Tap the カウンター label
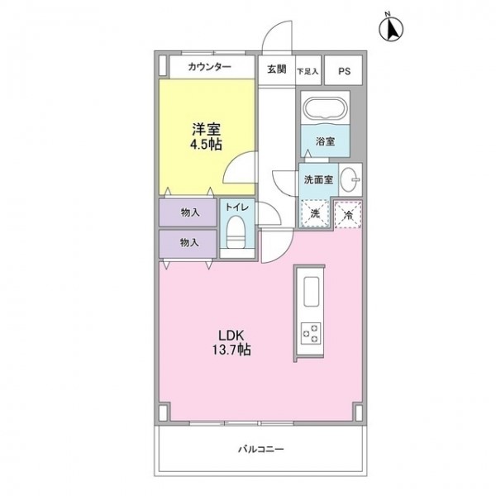(x=209, y=67)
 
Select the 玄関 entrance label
(x=277, y=69)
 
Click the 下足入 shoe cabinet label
(x=308, y=71)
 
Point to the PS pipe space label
(x=344, y=71)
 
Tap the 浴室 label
(x=325, y=141)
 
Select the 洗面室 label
(x=318, y=179)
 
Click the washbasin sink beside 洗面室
(x=351, y=179)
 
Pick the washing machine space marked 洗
(x=315, y=214)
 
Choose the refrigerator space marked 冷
(x=348, y=214)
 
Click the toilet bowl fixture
(x=237, y=231)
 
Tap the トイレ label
(x=237, y=207)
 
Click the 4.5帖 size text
(x=206, y=145)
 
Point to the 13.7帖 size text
(x=231, y=350)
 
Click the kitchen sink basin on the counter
(x=312, y=291)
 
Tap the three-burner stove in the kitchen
(x=311, y=333)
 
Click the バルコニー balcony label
(x=261, y=449)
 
